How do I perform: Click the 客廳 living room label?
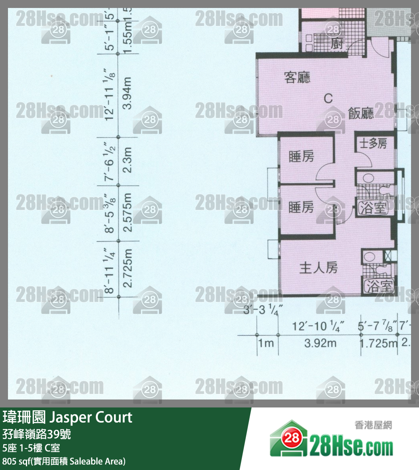[297, 77]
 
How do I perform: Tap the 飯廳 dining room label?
[361, 114]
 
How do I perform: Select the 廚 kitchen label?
[337, 43]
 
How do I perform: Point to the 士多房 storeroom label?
[373, 143]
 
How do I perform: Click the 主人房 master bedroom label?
[318, 268]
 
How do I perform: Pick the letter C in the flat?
[328, 98]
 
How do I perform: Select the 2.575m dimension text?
[127, 213]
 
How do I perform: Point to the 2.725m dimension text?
[127, 268]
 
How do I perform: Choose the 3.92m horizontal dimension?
[320, 343]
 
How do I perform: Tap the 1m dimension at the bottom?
[266, 343]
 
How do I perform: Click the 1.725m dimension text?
[378, 343]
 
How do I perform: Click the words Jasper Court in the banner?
[91, 417]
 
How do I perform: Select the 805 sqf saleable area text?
[64, 461]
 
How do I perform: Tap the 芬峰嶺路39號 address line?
[37, 433]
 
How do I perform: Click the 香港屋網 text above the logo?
[373, 425]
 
